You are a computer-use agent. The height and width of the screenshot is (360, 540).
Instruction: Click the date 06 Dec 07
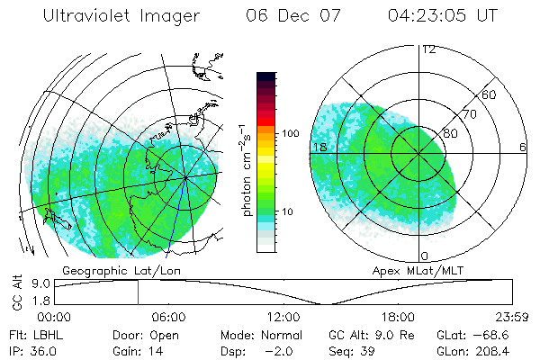click(x=289, y=16)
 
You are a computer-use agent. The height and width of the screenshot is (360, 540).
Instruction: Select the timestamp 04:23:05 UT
click(x=441, y=16)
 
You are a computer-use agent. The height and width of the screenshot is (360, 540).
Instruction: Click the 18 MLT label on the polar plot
click(x=319, y=147)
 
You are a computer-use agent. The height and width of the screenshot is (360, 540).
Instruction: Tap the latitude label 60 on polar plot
click(x=489, y=94)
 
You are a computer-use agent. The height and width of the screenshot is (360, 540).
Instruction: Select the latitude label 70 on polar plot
click(x=467, y=115)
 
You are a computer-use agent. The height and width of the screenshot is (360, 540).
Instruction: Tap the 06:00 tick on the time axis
click(x=168, y=317)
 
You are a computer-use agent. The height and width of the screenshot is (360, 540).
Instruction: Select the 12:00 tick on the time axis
click(x=283, y=317)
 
